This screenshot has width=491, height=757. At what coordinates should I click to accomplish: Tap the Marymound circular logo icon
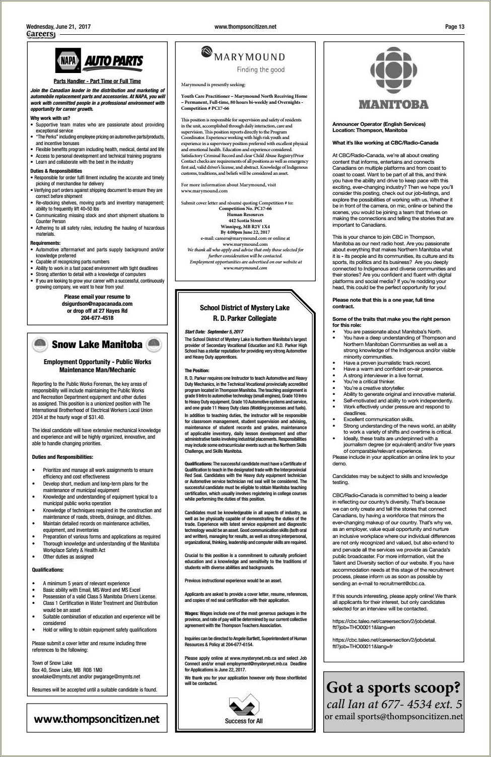click(206, 51)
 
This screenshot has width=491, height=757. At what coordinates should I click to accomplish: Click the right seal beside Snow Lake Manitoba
click(154, 345)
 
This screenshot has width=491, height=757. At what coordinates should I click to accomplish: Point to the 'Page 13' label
click(454, 27)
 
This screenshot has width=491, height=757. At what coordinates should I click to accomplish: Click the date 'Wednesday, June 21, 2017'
click(58, 27)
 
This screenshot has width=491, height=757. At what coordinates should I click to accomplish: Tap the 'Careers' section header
click(40, 34)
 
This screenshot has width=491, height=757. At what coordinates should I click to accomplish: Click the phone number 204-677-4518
click(97, 318)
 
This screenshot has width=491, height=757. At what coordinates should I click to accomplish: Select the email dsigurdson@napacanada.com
click(97, 304)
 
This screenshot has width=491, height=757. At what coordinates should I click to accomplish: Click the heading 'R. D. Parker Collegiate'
click(244, 318)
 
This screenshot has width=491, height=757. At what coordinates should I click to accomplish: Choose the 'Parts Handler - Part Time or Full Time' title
click(97, 81)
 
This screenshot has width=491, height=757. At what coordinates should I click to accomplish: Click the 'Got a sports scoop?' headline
click(393, 687)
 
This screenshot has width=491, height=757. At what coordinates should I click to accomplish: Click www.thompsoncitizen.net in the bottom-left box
click(97, 719)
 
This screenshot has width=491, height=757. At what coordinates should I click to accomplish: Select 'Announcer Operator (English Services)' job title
click(379, 124)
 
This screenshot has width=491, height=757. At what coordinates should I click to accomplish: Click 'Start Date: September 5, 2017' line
click(214, 332)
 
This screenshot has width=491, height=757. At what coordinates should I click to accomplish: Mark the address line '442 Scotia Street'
click(245, 221)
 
